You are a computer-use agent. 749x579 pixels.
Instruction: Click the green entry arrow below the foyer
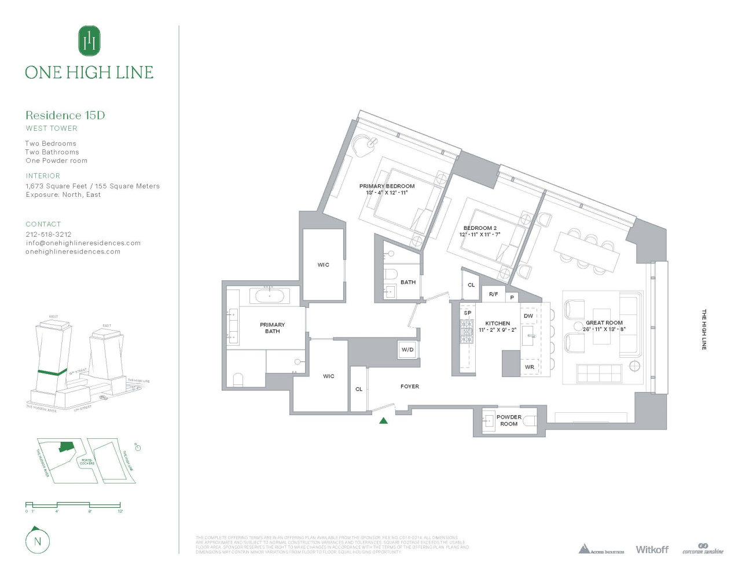tap(383, 420)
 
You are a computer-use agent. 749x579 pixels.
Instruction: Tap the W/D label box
tap(407, 350)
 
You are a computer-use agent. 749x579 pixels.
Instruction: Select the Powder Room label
tap(509, 420)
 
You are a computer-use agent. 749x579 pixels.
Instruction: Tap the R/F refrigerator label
tap(493, 294)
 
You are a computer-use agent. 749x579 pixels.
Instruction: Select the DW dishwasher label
tap(528, 316)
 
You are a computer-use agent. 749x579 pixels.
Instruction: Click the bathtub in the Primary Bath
tap(270, 296)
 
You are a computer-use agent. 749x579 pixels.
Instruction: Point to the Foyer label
tap(410, 386)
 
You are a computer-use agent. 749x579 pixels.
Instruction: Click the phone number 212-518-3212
tap(49, 234)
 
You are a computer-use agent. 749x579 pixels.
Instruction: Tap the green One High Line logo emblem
tap(89, 41)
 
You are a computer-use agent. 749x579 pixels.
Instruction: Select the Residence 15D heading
tap(65, 115)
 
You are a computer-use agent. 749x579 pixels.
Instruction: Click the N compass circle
tap(38, 541)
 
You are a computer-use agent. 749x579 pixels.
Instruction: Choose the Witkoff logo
tap(652, 549)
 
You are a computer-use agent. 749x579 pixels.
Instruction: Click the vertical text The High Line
tap(704, 329)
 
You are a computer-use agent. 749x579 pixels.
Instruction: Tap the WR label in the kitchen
tap(530, 367)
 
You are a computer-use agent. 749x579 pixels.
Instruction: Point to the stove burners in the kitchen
tap(467, 331)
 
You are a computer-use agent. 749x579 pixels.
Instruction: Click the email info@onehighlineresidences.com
tap(83, 243)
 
